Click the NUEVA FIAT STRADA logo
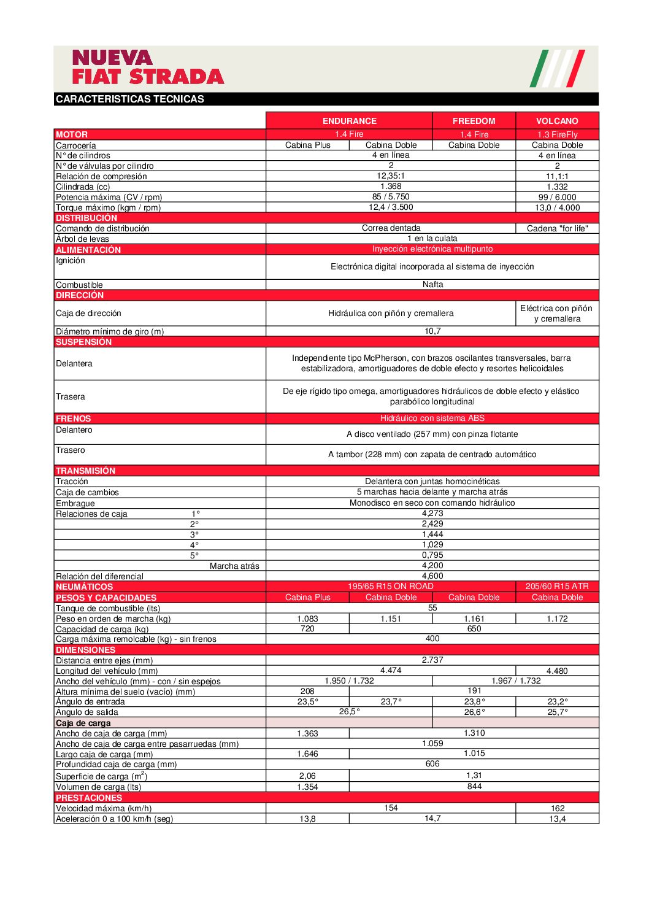pyautogui.click(x=148, y=67)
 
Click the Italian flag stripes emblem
pyautogui.click(x=557, y=68)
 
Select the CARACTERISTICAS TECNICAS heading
pyautogui.click(x=130, y=99)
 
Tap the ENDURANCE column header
pyautogui.click(x=349, y=121)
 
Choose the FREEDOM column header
pyautogui.click(x=474, y=121)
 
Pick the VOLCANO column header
pyautogui.click(x=557, y=121)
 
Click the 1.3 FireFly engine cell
pyautogui.click(x=557, y=134)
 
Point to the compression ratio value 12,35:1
pyautogui.click(x=391, y=176)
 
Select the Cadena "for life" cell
pyautogui.click(x=557, y=228)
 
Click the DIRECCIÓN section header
pyautogui.click(x=80, y=295)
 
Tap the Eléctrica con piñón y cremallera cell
pyautogui.click(x=556, y=314)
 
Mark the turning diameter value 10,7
pyautogui.click(x=432, y=331)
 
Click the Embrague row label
pyautogui.click(x=75, y=503)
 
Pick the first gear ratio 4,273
pyautogui.click(x=432, y=513)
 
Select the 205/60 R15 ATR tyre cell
pyautogui.click(x=557, y=586)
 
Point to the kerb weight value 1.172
pyautogui.click(x=557, y=619)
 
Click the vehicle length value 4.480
pyautogui.click(x=557, y=671)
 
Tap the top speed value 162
pyautogui.click(x=557, y=808)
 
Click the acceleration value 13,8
pyautogui.click(x=307, y=819)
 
